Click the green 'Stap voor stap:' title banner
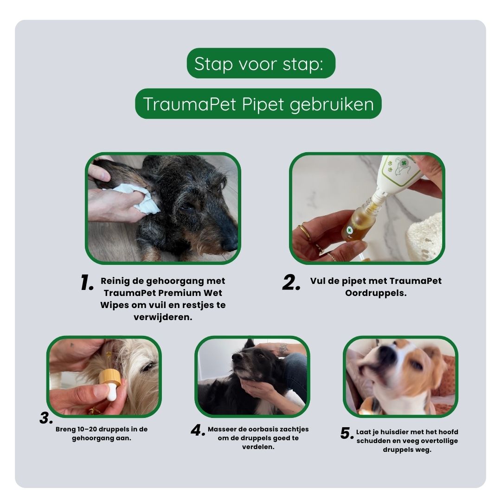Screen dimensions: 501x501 click(261, 64)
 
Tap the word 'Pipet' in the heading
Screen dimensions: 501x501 click(263, 104)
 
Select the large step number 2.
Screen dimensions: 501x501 click(291, 283)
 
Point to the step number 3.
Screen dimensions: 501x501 click(46, 418)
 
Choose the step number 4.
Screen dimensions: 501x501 click(198, 430)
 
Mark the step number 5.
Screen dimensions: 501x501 click(347, 434)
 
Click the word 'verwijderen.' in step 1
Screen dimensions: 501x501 click(163, 317)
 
